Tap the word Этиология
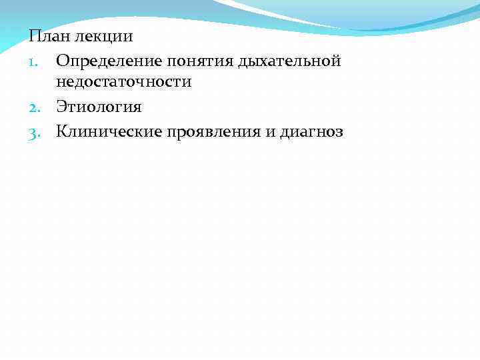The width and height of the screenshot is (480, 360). click(99, 107)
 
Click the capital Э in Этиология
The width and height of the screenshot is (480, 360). click(62, 107)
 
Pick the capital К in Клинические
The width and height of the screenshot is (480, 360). click(62, 132)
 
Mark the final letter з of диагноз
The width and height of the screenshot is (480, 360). click(339, 133)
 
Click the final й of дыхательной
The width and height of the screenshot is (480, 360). click(336, 61)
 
